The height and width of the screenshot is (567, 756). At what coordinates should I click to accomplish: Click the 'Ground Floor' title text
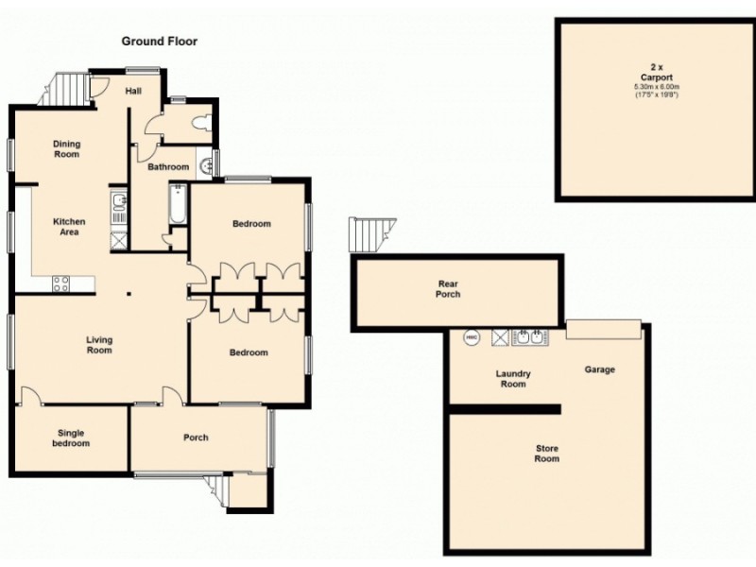[x=159, y=42]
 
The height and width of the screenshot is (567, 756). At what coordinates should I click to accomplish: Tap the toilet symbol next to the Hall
[x=199, y=123]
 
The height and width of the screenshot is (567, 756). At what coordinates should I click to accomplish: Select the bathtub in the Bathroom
[x=177, y=208]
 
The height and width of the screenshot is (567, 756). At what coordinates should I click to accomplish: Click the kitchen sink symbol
[x=117, y=209]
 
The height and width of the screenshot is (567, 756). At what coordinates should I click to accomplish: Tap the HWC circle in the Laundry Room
[x=472, y=336]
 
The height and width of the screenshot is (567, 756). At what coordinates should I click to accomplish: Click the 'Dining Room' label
[x=66, y=149]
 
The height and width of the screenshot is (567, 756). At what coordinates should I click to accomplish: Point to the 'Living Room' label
[x=99, y=345]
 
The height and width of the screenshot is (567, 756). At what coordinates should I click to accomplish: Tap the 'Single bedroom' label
[x=70, y=438]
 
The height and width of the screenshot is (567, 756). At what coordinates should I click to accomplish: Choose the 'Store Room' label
[x=546, y=454]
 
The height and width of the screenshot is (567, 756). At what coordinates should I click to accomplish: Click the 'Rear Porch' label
[x=449, y=288]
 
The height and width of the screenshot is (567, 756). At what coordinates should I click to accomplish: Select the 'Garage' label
[x=599, y=369]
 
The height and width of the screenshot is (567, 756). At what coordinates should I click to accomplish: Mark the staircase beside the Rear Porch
[x=370, y=232]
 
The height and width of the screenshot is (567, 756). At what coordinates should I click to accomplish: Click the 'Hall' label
[x=134, y=91]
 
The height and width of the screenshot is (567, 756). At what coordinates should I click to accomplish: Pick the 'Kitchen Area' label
[x=69, y=227]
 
